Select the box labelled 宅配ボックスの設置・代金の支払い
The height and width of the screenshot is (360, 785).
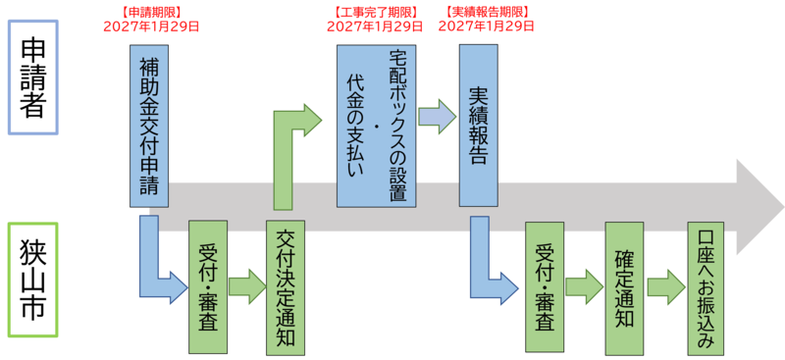tap(377, 126)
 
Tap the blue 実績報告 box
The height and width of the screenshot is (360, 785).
tap(478, 126)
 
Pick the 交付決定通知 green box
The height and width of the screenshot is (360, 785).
tap(286, 285)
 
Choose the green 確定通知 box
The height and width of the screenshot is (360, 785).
tap(624, 287)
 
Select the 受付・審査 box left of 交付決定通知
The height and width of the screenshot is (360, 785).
tap(207, 287)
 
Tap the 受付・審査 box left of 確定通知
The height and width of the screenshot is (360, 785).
tap(545, 287)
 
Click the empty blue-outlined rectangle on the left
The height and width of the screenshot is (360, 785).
tap(33, 77)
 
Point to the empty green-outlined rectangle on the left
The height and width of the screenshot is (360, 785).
tap(33, 279)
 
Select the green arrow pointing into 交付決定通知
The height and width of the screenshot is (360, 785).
tap(246, 286)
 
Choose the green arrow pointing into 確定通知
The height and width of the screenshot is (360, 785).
tap(585, 286)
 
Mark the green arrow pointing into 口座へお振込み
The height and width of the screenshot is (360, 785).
tap(666, 286)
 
